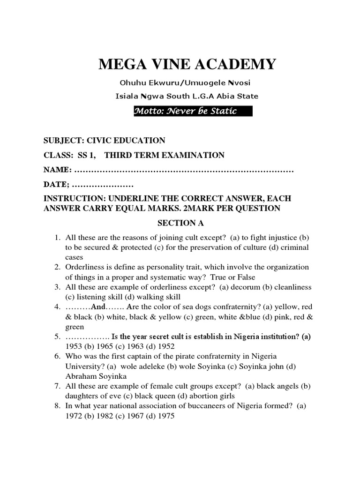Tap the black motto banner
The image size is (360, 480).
pyautogui.click(x=193, y=111)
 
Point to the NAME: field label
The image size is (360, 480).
pyautogui.click(x=58, y=169)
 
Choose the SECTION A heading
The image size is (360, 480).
pyautogui.click(x=180, y=223)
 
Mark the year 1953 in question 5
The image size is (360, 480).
pyautogui.click(x=74, y=346)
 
